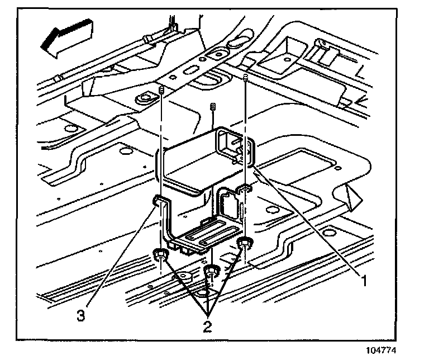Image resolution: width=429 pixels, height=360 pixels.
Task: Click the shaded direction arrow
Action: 66,37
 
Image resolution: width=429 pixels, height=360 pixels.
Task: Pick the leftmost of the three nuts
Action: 159,255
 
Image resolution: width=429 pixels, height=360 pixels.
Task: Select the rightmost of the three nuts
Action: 244,243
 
